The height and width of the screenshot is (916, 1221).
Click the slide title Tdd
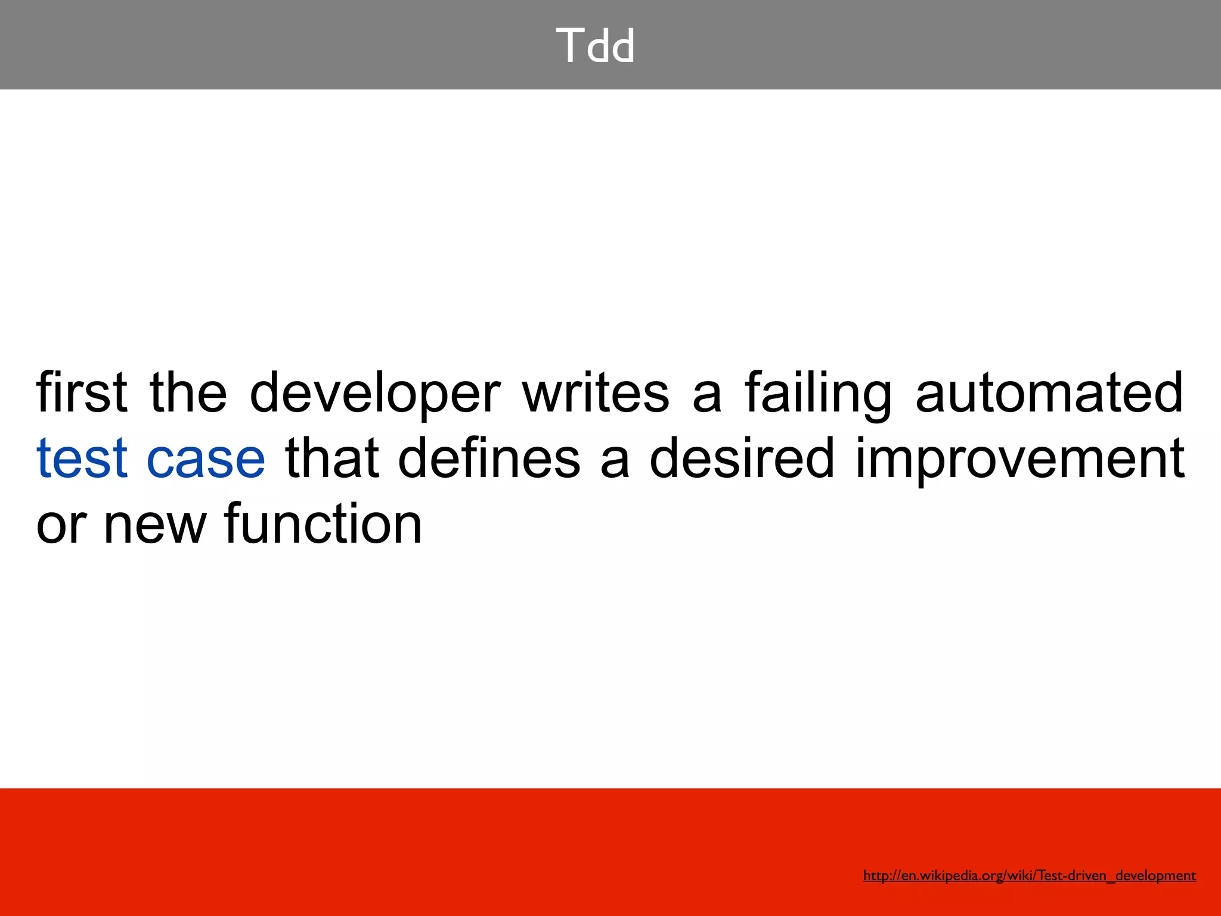[x=596, y=46]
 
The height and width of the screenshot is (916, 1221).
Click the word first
[x=82, y=392]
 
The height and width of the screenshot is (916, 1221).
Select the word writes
[x=596, y=392]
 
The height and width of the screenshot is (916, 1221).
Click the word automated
[x=1049, y=392]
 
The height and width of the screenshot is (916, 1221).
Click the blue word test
[x=82, y=458]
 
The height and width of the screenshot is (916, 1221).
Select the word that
[x=332, y=458]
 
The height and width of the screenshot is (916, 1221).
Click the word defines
[x=489, y=458]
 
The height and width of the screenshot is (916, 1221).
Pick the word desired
[x=742, y=458]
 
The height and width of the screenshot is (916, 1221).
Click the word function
[x=323, y=524]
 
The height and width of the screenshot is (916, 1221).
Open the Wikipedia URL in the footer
[x=1029, y=875]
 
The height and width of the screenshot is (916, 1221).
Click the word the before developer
[x=188, y=392]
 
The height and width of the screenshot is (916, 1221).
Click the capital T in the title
[x=568, y=46]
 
